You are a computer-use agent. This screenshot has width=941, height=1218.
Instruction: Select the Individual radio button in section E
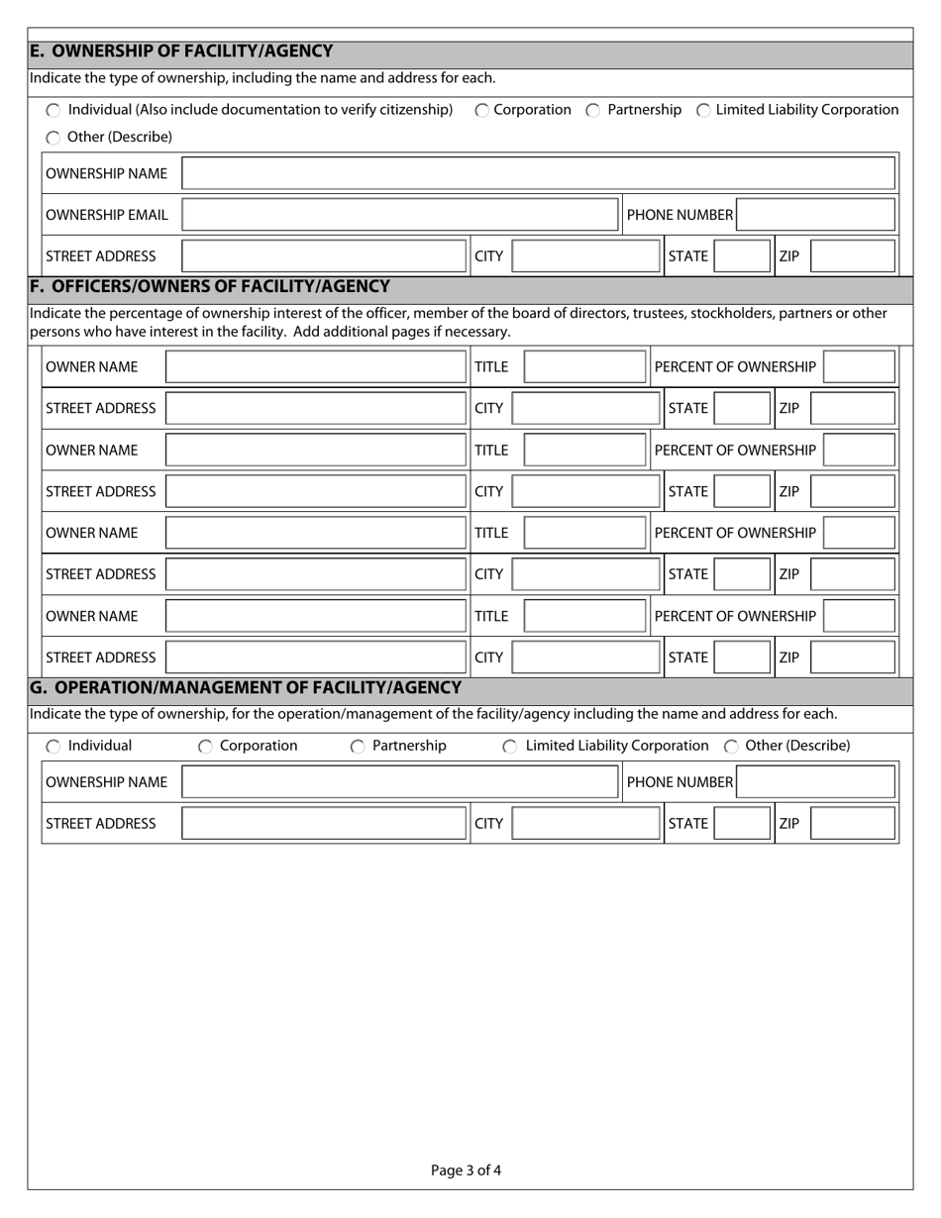tap(53, 111)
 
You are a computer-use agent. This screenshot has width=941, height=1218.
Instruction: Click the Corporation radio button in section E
tap(481, 111)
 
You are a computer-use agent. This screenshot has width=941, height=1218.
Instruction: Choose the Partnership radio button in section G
tap(358, 747)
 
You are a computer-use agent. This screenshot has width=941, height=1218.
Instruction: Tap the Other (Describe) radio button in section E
tap(53, 138)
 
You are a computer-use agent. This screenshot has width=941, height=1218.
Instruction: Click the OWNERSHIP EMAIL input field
tap(400, 215)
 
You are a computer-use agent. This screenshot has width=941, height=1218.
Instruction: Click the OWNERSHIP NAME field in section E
tap(538, 173)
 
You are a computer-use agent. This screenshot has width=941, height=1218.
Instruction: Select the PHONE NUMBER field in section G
tap(816, 782)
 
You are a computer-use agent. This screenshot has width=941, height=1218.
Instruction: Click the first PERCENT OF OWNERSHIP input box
tap(859, 367)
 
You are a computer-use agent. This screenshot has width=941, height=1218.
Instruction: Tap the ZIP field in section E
tap(852, 256)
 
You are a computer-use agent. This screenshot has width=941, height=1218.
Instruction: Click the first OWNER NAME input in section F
tap(315, 367)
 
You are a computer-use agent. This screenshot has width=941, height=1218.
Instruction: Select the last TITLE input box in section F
tap(584, 616)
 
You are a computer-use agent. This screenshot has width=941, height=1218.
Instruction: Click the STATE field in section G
tap(742, 824)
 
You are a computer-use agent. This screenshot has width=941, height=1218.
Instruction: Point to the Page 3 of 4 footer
tap(466, 1170)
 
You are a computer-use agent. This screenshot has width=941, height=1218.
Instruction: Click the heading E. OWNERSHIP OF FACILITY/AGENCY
tap(181, 51)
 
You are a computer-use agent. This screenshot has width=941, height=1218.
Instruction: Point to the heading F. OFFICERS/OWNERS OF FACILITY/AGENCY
tap(210, 287)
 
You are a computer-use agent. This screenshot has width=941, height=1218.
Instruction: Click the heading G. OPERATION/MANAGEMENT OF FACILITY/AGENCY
tap(246, 687)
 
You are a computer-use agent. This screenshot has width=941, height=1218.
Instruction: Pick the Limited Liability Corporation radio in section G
tap(509, 747)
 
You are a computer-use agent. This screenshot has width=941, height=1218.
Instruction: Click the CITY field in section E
tap(585, 256)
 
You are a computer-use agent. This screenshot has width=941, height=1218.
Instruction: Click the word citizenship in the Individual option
tap(409, 110)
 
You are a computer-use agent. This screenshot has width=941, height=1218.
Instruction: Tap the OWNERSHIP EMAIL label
tap(107, 215)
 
